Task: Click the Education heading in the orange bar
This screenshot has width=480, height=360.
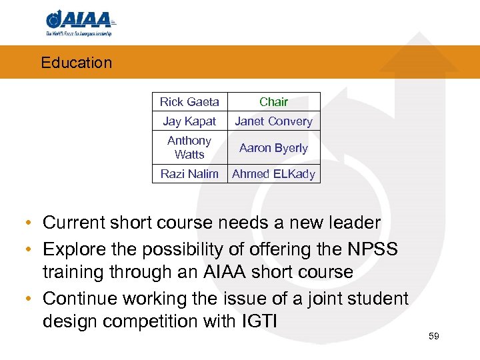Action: [x=76, y=63]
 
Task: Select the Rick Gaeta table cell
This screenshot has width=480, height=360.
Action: [x=189, y=102]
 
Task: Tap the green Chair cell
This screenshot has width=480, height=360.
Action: [x=273, y=102]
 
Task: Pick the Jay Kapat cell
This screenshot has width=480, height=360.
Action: [x=189, y=121]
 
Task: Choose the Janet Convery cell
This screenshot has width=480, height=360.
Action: [x=273, y=121]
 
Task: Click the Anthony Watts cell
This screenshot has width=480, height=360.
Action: [x=189, y=147]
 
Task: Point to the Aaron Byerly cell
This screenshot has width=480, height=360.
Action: [x=273, y=148]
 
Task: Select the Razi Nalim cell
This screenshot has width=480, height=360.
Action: [x=189, y=174]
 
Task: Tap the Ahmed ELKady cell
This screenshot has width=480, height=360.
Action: [x=273, y=174]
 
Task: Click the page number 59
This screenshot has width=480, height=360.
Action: [x=434, y=336]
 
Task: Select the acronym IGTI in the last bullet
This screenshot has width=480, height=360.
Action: [x=256, y=321]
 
